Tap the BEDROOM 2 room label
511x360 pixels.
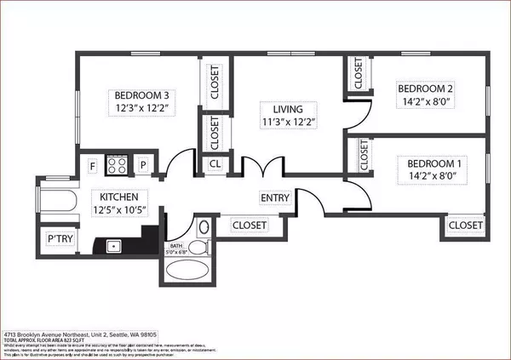[428, 87]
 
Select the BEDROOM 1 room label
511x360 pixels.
[433, 163]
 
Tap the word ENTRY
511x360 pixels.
[275, 198]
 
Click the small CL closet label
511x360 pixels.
[215, 165]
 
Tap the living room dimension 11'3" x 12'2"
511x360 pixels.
[277, 123]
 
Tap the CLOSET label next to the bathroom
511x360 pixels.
[250, 225]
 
